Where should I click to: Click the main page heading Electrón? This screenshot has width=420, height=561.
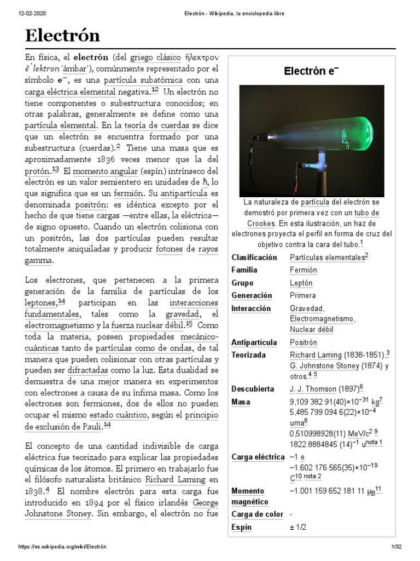(62, 36)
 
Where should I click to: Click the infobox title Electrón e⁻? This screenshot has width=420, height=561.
(311, 72)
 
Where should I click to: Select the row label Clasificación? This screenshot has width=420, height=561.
(254, 257)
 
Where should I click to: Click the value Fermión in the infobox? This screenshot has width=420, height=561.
(304, 270)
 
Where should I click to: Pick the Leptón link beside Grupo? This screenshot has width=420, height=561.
(301, 283)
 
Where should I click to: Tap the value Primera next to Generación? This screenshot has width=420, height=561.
(303, 296)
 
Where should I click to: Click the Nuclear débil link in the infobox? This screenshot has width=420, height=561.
(312, 329)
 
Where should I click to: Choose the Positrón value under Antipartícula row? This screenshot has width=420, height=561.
(304, 342)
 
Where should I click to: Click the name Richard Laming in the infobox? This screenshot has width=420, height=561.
(316, 355)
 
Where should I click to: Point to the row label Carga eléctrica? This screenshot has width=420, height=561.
(258, 457)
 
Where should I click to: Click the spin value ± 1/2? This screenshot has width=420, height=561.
(299, 528)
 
